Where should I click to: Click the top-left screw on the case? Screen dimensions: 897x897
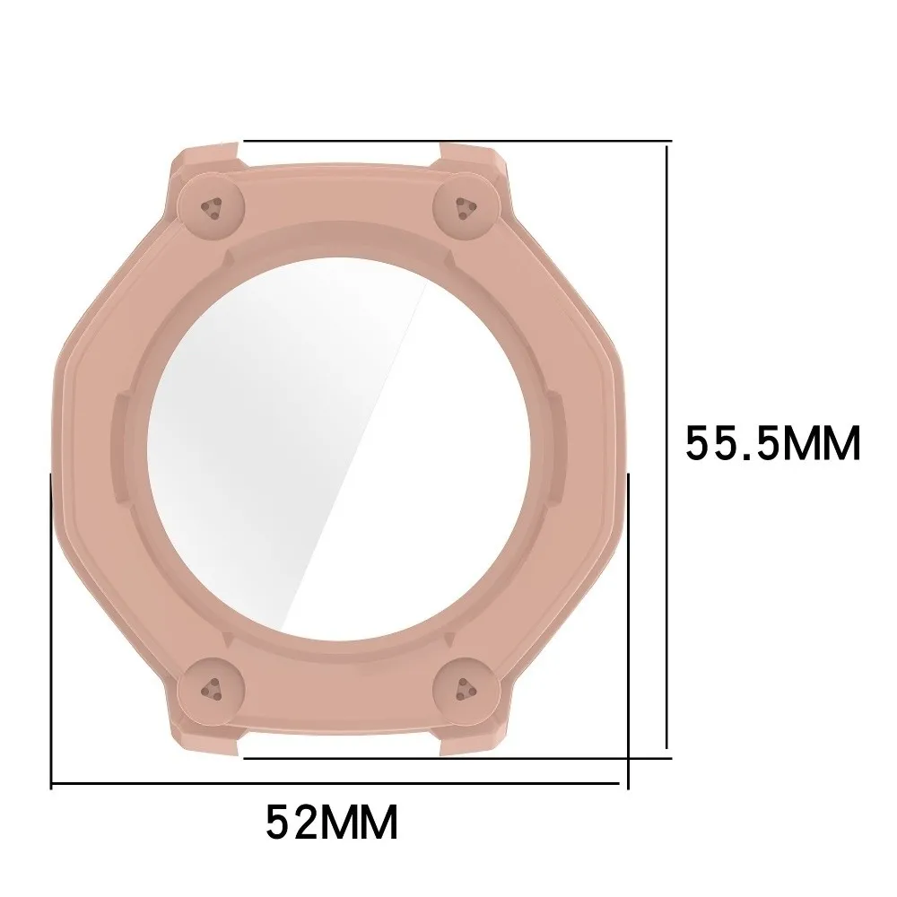(213, 206)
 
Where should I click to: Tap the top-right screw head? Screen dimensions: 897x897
(463, 205)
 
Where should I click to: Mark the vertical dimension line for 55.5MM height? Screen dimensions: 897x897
(666, 440)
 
